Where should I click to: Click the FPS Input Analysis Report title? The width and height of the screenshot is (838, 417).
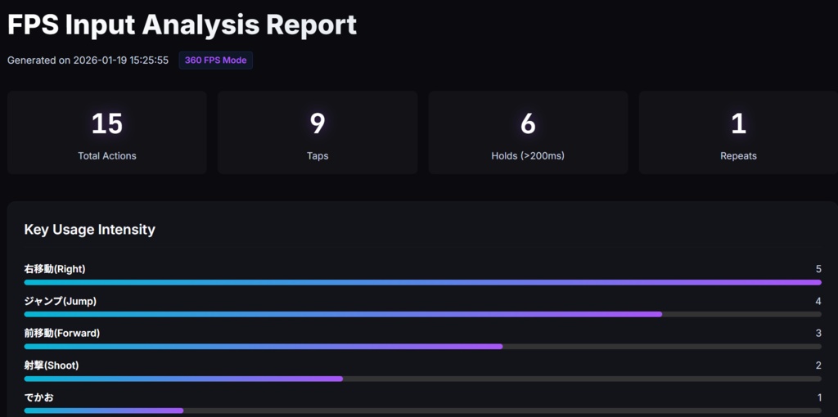click(x=182, y=25)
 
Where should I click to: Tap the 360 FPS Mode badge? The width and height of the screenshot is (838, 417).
click(x=215, y=61)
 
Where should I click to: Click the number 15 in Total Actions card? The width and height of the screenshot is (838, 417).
click(x=107, y=123)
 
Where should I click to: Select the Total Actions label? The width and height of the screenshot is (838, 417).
click(x=107, y=156)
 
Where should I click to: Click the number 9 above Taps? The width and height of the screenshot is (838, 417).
click(x=318, y=123)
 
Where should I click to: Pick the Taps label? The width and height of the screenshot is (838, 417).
click(x=318, y=156)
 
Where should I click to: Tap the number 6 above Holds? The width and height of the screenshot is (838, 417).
click(x=528, y=123)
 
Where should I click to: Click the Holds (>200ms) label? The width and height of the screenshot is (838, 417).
click(x=528, y=156)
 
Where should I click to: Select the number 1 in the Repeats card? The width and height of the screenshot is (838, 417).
click(x=738, y=123)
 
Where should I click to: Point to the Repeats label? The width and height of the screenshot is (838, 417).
click(x=738, y=156)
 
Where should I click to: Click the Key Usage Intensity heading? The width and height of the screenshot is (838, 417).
click(x=90, y=230)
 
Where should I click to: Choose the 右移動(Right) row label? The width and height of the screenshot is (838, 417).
click(x=55, y=269)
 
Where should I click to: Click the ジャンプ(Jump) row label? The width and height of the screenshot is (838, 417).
click(x=61, y=301)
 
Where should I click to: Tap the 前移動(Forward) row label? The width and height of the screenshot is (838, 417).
click(x=62, y=333)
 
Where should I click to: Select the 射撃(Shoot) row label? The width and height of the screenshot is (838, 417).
click(x=52, y=365)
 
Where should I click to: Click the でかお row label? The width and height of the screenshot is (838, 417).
click(x=39, y=397)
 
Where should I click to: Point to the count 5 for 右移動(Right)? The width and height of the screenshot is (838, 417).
click(x=818, y=269)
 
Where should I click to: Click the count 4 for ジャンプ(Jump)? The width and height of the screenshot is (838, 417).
click(x=818, y=301)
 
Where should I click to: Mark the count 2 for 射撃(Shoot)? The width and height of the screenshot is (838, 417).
click(x=818, y=365)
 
